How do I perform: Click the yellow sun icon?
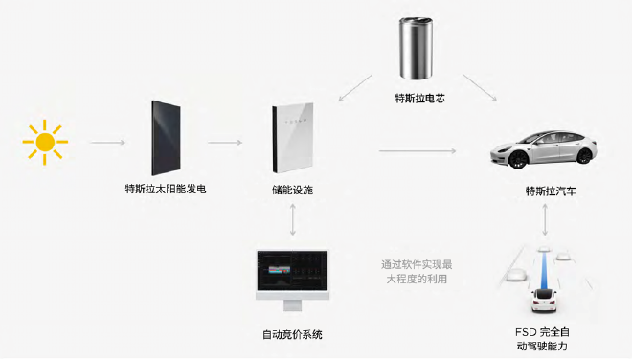point(44,143)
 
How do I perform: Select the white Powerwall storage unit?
point(292,140)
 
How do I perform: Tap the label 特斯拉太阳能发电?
point(165,190)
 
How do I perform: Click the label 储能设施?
point(292,190)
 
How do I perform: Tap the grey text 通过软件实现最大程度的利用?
point(415,271)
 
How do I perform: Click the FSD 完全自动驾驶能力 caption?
point(547,337)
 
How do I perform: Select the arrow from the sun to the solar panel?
point(107,143)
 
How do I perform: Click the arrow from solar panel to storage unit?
point(225,143)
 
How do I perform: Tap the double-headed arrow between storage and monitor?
point(292,221)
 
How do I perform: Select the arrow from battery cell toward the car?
point(479,88)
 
